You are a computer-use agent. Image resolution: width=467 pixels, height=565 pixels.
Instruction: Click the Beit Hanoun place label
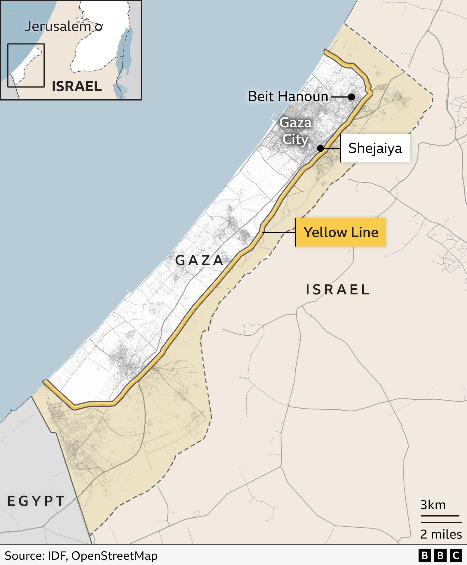(x=288, y=96)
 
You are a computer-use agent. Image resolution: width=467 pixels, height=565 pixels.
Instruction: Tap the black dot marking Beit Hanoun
(x=351, y=97)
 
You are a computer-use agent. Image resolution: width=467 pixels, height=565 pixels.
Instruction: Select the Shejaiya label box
(x=375, y=148)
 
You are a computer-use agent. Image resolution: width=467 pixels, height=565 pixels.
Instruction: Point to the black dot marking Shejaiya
(x=320, y=148)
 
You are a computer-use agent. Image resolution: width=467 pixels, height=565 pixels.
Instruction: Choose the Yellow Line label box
(x=341, y=232)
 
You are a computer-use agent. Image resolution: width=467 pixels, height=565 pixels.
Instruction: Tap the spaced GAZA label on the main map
(x=199, y=260)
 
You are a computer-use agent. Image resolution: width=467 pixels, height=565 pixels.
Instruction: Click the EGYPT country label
(x=36, y=501)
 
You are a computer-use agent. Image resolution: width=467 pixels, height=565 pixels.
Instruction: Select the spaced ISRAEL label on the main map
(x=337, y=290)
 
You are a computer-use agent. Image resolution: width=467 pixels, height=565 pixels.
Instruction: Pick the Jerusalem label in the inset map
(x=57, y=27)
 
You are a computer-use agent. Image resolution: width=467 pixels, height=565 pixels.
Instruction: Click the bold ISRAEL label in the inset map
(x=77, y=86)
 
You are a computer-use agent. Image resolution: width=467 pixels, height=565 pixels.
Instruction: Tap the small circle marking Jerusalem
(x=99, y=27)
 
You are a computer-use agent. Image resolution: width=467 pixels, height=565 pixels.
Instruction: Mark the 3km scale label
(x=433, y=505)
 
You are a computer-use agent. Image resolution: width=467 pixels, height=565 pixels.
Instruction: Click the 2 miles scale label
(x=441, y=534)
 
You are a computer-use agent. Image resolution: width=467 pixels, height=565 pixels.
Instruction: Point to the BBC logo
(x=440, y=555)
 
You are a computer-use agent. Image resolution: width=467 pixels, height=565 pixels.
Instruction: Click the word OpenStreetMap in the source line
(x=114, y=556)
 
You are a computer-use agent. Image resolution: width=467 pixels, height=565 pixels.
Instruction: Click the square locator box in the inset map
(x=26, y=65)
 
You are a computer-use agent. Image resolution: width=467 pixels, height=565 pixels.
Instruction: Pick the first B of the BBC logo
(x=425, y=555)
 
